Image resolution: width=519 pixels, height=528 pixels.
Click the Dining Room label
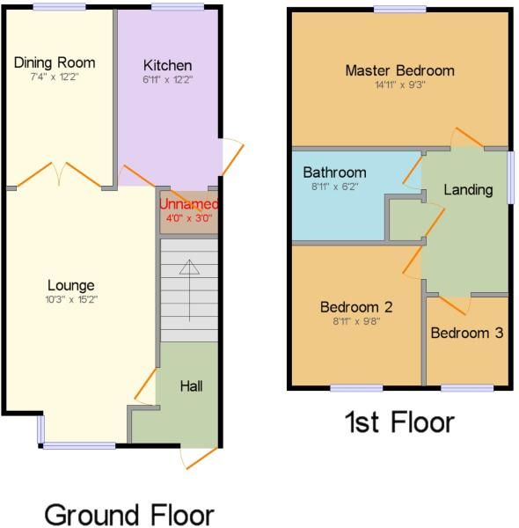pyautogui.click(x=55, y=62)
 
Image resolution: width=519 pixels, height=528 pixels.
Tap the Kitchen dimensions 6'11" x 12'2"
pyautogui.click(x=167, y=79)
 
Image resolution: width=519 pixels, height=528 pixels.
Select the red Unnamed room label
pyautogui.click(x=186, y=204)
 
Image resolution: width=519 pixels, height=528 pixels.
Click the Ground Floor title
pyautogui.click(x=128, y=514)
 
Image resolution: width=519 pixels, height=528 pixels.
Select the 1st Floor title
pyautogui.click(x=398, y=422)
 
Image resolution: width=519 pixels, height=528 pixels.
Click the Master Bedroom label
pyautogui.click(x=399, y=70)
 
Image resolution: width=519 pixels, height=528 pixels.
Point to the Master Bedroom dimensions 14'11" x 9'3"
pyautogui.click(x=399, y=85)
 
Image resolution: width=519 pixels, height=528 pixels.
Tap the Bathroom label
pyautogui.click(x=334, y=172)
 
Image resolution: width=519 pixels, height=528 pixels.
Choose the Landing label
pyautogui.click(x=467, y=189)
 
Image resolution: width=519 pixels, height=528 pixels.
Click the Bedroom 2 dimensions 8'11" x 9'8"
pyautogui.click(x=355, y=322)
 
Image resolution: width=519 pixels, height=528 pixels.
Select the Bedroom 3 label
pyautogui.click(x=467, y=333)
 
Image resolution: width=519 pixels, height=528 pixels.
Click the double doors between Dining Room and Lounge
pyautogui.click(x=58, y=174)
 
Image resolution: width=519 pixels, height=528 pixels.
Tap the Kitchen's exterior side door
pyautogui.click(x=230, y=157)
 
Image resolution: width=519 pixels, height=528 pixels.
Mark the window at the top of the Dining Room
pyautogui.click(x=59, y=7)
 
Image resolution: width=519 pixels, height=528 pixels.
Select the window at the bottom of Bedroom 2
pyautogui.click(x=355, y=387)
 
